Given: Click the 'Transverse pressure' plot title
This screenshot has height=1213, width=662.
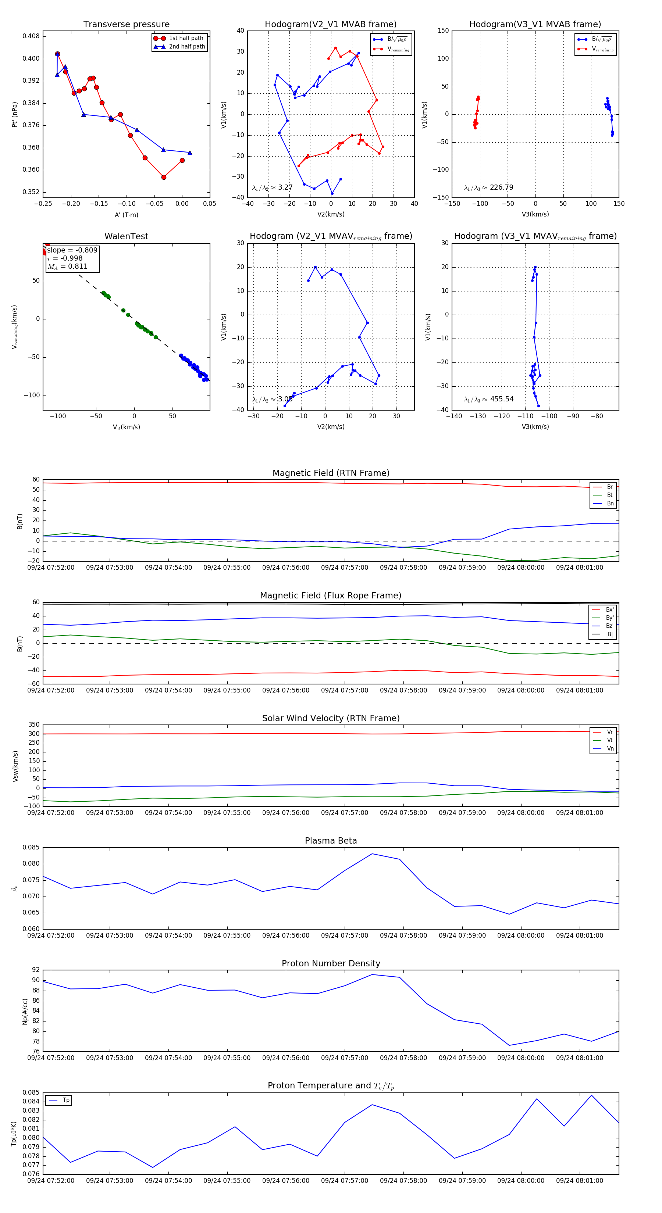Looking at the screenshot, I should [126, 25].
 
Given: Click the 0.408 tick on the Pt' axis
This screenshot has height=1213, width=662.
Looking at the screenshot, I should [31, 36].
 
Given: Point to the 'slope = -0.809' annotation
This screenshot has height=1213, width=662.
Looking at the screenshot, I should [72, 250].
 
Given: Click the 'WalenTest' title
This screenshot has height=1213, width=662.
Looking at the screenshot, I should [126, 236].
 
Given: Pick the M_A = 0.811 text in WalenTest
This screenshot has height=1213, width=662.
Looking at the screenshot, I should [67, 266].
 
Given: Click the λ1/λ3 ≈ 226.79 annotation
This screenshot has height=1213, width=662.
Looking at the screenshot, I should [489, 187].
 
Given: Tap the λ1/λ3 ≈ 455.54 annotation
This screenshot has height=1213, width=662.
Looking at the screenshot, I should [489, 399].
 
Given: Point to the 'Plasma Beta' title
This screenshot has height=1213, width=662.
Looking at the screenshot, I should [331, 841].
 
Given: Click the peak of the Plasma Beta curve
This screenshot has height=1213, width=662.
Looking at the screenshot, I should [372, 854].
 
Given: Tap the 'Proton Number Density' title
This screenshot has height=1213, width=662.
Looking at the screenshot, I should [331, 963].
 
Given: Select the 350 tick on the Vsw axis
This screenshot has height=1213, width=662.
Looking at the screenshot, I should [33, 725].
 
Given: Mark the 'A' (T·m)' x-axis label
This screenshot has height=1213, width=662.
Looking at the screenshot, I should [126, 215].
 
